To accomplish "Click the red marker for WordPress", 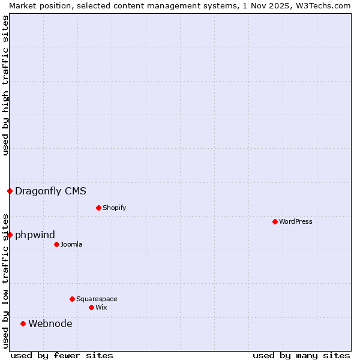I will [x=275, y=221].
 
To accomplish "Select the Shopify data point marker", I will [x=98, y=208].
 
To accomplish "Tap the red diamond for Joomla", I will [x=56, y=244].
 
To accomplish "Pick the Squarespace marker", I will [x=72, y=299].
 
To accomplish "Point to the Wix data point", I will [x=91, y=307].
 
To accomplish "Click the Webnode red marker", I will [x=23, y=323].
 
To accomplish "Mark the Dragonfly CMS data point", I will [x=10, y=191].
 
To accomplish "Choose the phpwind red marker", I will [x=10, y=235].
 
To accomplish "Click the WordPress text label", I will [x=296, y=221].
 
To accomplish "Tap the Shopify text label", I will [x=114, y=208].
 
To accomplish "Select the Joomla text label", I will [x=71, y=244].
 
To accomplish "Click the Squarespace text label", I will [x=97, y=299].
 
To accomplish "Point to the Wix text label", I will [x=101, y=307].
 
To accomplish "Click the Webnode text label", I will [x=50, y=323].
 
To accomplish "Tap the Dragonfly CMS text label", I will [x=50, y=191].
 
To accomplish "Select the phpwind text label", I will [x=35, y=235].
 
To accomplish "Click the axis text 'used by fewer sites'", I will [x=62, y=355].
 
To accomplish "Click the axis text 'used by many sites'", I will [x=301, y=355].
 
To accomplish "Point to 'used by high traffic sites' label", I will [x=5, y=85].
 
